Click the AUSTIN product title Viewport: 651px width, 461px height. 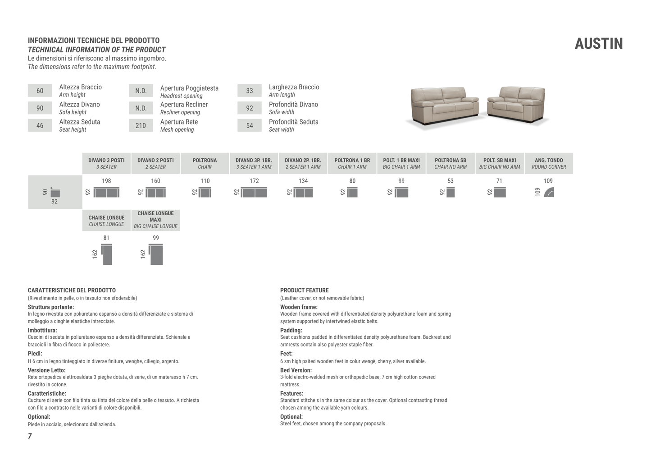point(598,44)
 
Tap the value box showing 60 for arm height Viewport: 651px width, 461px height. point(40,91)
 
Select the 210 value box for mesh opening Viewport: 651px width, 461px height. point(141,125)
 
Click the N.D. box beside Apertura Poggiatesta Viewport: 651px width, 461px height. point(141,91)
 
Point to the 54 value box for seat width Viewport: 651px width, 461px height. point(249,125)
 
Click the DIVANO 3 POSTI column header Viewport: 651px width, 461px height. point(106,163)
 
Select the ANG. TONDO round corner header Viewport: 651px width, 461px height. point(548,163)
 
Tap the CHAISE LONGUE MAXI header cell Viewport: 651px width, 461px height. point(155,220)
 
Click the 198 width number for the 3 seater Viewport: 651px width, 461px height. point(106,181)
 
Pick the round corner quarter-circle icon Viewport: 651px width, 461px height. point(549,193)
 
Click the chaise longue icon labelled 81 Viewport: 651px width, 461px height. point(107,255)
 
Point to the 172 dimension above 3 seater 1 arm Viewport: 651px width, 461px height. point(254,181)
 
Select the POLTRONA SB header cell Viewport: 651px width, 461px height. point(450,163)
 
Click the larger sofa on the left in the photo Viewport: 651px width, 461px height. point(444,104)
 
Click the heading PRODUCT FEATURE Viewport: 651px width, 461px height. point(304,290)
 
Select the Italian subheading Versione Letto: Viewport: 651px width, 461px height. point(46,370)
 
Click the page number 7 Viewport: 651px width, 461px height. point(30,436)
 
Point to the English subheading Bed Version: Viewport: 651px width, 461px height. point(296,370)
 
